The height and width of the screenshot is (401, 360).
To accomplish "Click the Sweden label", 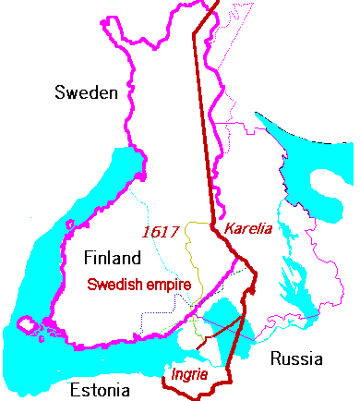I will [x=86, y=92].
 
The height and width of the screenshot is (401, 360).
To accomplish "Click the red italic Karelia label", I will [x=248, y=227].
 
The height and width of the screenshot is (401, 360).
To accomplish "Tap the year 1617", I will [x=161, y=231].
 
